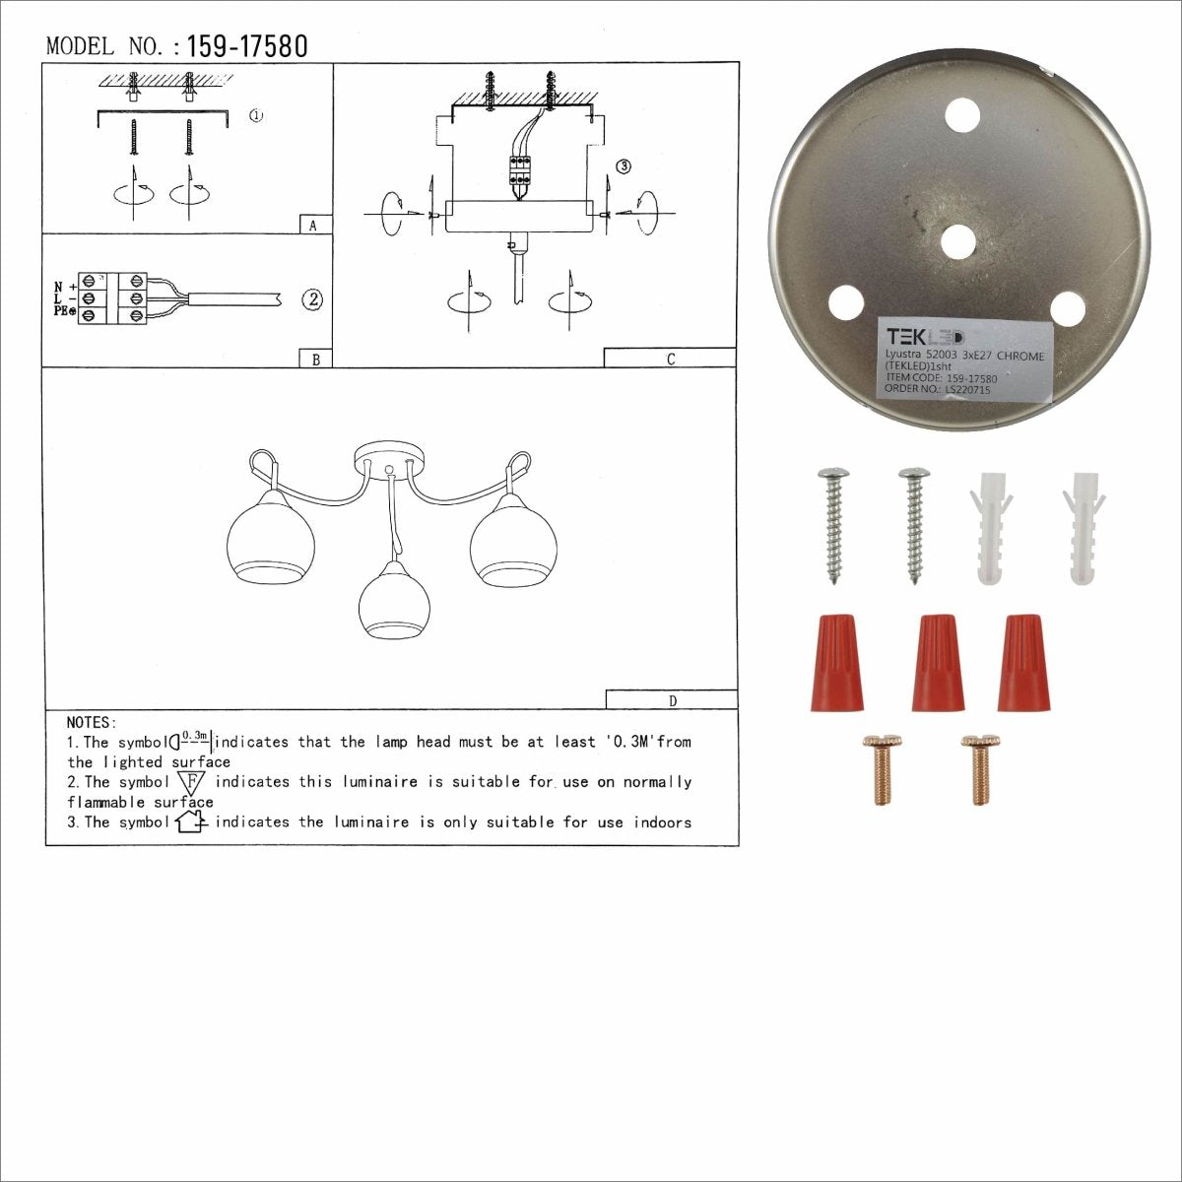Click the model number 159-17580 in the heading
(x=246, y=46)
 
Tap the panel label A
(x=313, y=226)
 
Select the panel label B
(x=315, y=360)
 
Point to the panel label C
(x=671, y=359)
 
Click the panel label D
(x=673, y=701)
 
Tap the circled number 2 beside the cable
(x=312, y=299)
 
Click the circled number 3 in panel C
(x=623, y=166)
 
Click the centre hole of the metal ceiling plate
(x=958, y=242)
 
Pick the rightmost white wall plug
(x=1083, y=530)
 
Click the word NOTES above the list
(x=92, y=723)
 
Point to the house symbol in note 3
(x=190, y=821)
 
